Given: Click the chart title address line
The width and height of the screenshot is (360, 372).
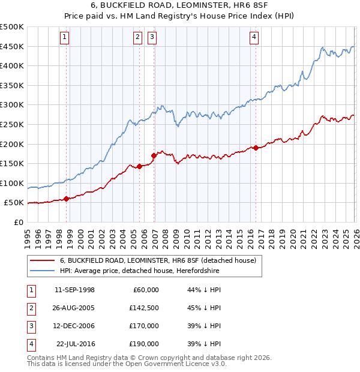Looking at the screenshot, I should pyautogui.click(x=179, y=5).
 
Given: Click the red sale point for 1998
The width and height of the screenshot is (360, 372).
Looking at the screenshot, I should pyautogui.click(x=66, y=199).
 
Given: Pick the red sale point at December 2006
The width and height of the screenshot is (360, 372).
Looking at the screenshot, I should pyautogui.click(x=154, y=155).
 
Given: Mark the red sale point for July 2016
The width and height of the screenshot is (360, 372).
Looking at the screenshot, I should pyautogui.click(x=256, y=148).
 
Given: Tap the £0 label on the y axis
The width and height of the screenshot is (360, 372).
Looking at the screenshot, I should pyautogui.click(x=18, y=222).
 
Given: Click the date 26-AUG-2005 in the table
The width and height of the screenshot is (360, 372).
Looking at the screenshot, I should pyautogui.click(x=74, y=308).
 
